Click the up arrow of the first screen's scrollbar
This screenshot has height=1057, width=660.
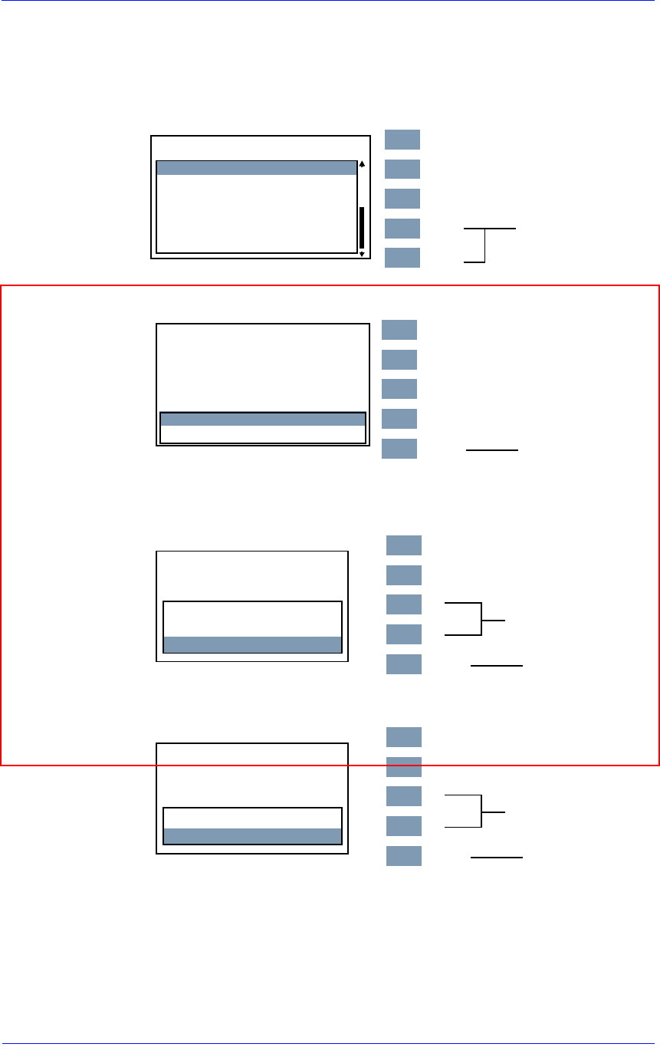click(362, 163)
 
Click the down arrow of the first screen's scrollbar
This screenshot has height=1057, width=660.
click(362, 253)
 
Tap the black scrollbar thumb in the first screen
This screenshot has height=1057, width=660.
click(362, 227)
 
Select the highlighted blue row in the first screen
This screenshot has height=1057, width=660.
click(257, 168)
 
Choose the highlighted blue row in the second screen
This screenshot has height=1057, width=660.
click(262, 419)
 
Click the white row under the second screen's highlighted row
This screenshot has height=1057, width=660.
click(262, 434)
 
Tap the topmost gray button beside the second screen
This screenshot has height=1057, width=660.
click(399, 330)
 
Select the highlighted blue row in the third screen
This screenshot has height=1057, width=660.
click(252, 644)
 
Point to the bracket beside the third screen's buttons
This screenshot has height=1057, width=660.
click(481, 619)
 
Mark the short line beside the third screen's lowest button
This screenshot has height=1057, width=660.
click(496, 666)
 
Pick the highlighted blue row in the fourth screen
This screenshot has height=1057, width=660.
click(252, 836)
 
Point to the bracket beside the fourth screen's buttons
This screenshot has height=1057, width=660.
click(481, 811)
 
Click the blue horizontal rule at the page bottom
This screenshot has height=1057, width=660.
click(330, 1043)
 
